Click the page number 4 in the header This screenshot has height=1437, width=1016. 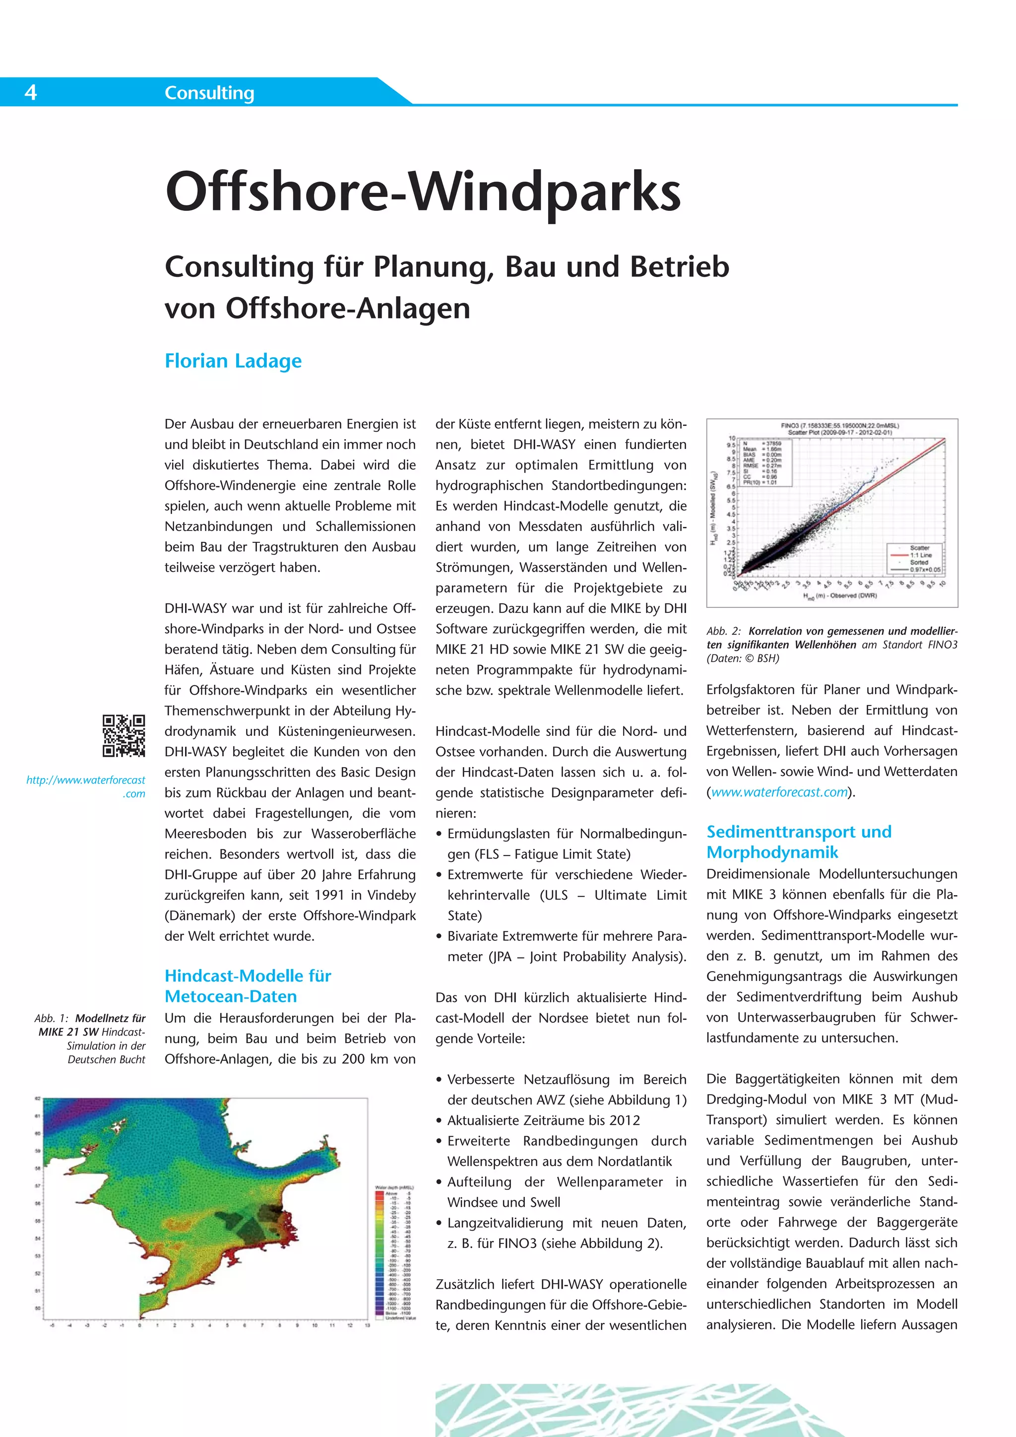point(31,93)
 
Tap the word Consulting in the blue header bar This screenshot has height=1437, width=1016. point(209,93)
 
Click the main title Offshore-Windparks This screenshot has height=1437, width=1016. point(423,192)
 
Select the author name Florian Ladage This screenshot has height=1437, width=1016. point(233,361)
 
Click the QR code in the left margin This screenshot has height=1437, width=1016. point(124,735)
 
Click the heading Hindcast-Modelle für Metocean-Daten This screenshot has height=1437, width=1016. point(248,986)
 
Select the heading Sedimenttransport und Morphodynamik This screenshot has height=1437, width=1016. point(799,842)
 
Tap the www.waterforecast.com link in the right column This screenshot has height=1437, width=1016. point(779,792)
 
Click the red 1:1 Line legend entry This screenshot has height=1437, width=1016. point(920,555)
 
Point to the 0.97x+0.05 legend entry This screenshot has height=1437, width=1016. point(925,570)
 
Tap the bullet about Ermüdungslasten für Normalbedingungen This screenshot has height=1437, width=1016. point(566,844)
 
